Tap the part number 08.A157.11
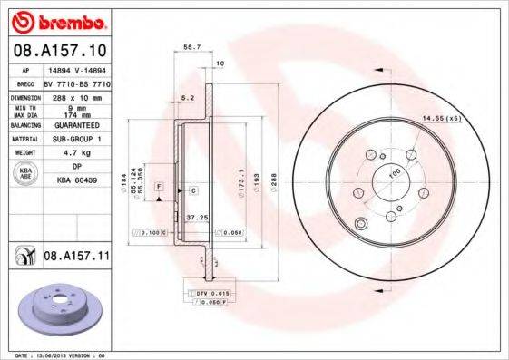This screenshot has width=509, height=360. (x=76, y=258)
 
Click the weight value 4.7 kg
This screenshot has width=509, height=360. (x=85, y=154)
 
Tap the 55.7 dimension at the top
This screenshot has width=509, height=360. (x=191, y=45)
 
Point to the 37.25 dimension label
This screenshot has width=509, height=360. (x=185, y=218)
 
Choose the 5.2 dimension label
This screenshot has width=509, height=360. (x=188, y=96)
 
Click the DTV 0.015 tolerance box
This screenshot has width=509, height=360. (x=210, y=294)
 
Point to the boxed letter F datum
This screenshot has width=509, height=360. (x=158, y=186)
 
